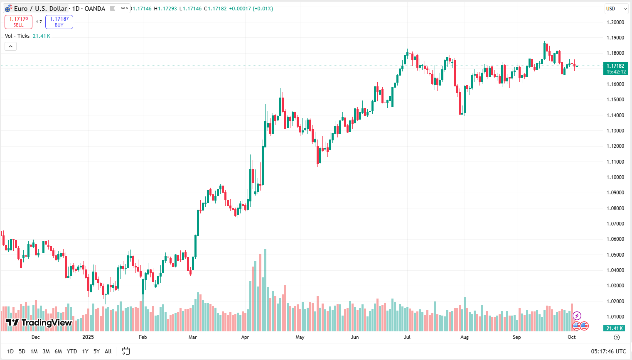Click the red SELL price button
point(18,22)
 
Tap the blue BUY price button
point(59,22)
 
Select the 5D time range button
point(22,351)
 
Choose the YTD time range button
point(72,351)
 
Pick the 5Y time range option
point(96,351)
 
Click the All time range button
point(108,351)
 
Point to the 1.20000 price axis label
point(615,22)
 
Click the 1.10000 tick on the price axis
point(615,177)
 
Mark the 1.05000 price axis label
point(615,255)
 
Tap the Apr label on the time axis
point(245,337)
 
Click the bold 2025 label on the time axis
point(88,337)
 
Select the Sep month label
point(516,337)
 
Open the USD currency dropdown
point(616,9)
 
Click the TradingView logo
point(39,323)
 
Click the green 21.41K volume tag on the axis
point(615,328)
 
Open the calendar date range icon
point(125,351)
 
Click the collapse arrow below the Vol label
point(11,46)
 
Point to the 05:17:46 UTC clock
point(608,351)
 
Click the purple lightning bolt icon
point(577,316)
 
